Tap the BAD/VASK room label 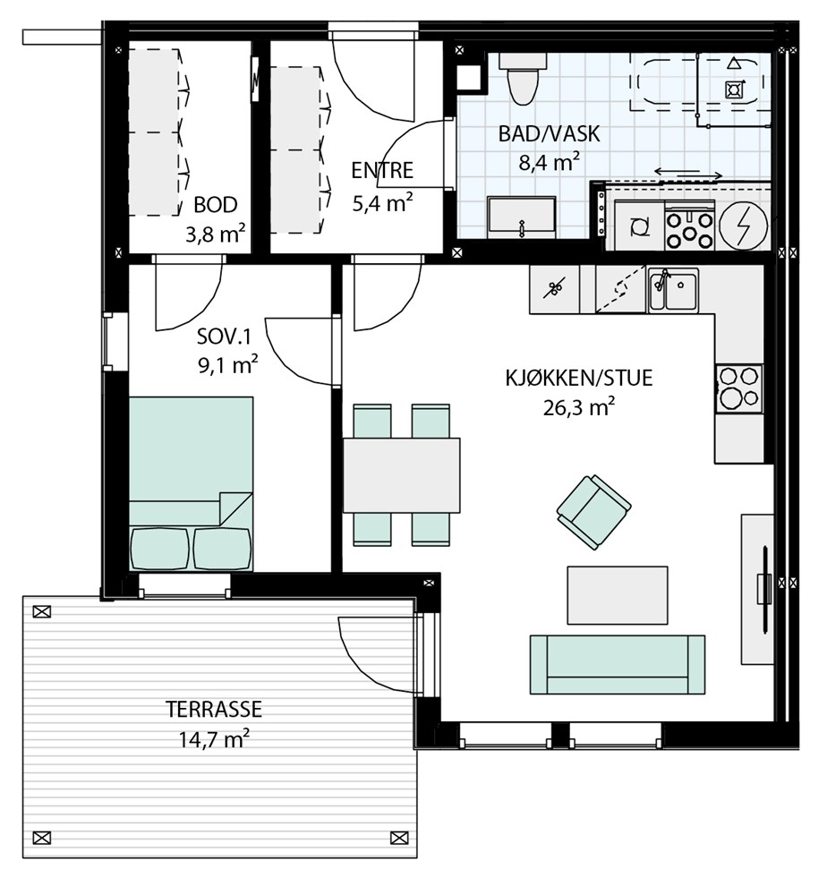click(x=549, y=134)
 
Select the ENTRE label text click(x=382, y=170)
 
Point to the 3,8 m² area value click(x=216, y=234)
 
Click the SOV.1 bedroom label click(x=224, y=337)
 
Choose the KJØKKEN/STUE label click(x=579, y=378)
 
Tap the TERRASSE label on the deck click(x=214, y=709)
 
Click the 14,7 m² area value click(x=214, y=738)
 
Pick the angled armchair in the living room click(x=593, y=511)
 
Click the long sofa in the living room click(x=618, y=664)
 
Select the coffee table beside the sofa click(x=618, y=595)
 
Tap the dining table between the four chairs click(x=401, y=475)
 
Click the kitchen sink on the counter click(x=673, y=289)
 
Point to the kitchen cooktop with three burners click(x=738, y=388)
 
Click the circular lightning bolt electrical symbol click(x=744, y=226)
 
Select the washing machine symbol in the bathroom click(x=639, y=226)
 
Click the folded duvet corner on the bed click(x=235, y=508)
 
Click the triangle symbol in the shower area click(x=733, y=64)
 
